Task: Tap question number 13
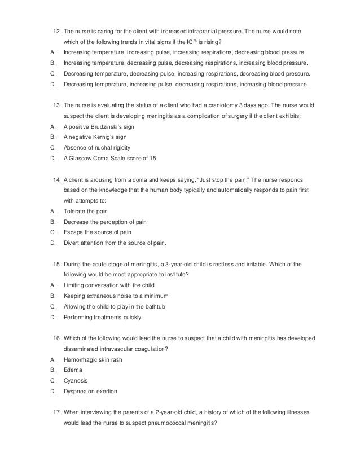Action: (56, 105)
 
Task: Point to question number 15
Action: (56, 264)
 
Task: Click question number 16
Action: (56, 337)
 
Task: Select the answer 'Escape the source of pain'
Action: (97, 232)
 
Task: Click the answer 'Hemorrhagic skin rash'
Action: (93, 359)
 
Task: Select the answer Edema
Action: (73, 370)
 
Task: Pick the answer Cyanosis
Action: (76, 381)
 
